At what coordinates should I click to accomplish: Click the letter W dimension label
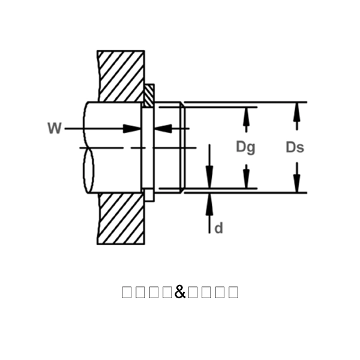(x=55, y=128)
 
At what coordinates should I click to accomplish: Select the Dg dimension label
(x=245, y=147)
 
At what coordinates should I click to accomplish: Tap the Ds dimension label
(x=295, y=147)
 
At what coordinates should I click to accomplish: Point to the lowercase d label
(x=219, y=228)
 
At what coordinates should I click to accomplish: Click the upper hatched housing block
(x=121, y=75)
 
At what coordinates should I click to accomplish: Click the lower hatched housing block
(x=121, y=218)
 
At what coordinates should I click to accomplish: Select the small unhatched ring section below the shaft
(x=149, y=196)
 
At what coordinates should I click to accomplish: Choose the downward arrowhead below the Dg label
(x=245, y=179)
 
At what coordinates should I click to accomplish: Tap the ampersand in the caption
(x=180, y=292)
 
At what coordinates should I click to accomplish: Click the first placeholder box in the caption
(x=127, y=292)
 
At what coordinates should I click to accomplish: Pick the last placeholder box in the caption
(x=233, y=292)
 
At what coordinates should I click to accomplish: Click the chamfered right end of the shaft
(x=182, y=148)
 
